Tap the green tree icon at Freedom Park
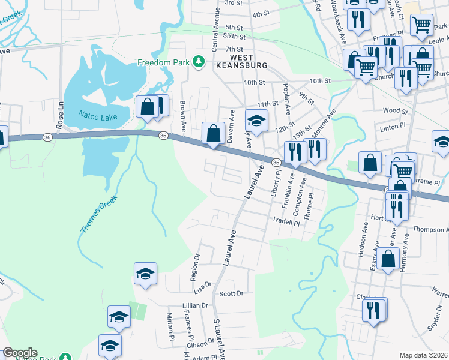click(198, 62)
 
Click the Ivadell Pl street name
click(286, 222)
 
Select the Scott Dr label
click(231, 294)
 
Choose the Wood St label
click(394, 111)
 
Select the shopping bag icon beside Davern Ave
click(213, 133)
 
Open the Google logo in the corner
click(20, 353)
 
